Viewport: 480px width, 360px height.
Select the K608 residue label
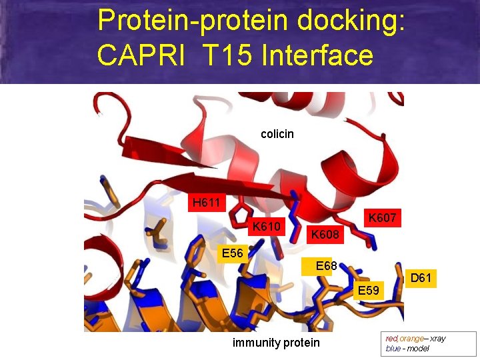coord(325,235)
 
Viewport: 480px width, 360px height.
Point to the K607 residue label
coord(382,218)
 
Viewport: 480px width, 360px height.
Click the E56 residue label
coord(233,253)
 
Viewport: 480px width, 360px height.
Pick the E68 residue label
coord(326,267)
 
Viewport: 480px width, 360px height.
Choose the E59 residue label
coord(368,291)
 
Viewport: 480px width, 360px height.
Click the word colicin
coord(277,135)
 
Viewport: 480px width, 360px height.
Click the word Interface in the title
coord(318,55)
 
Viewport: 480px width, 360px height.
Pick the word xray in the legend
coord(438,339)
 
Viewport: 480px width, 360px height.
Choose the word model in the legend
coord(417,349)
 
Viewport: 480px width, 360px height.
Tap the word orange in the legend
coord(411,339)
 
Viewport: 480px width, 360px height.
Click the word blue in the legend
coord(393,349)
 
